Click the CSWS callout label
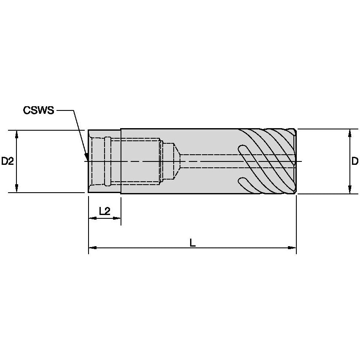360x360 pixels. (x=38, y=110)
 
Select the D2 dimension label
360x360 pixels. (x=8, y=161)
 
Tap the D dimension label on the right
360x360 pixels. (x=355, y=161)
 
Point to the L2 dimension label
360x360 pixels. (x=104, y=211)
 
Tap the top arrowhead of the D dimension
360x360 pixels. (x=349, y=133)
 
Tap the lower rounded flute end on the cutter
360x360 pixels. (x=242, y=181)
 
